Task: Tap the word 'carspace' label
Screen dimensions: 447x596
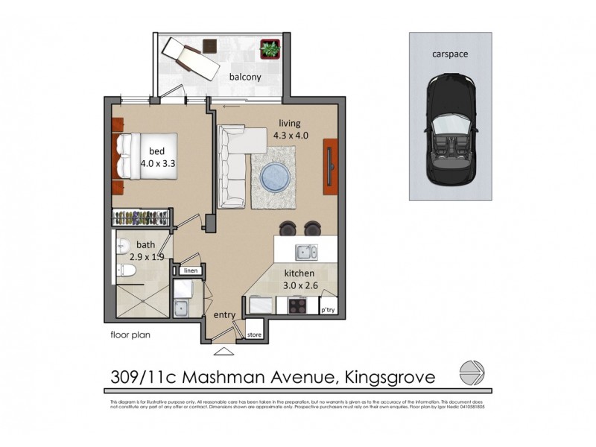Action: coord(449,54)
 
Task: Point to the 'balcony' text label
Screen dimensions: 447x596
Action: coord(244,77)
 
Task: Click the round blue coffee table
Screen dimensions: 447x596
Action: coord(275,176)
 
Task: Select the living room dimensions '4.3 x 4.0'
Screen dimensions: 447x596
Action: coord(291,136)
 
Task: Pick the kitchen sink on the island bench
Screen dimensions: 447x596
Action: coord(305,251)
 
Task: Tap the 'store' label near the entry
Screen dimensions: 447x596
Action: coord(254,333)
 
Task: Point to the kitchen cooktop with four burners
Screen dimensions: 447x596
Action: coord(296,305)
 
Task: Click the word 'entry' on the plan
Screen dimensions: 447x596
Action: coord(225,316)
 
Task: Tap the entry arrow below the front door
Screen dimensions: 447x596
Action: coord(222,350)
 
